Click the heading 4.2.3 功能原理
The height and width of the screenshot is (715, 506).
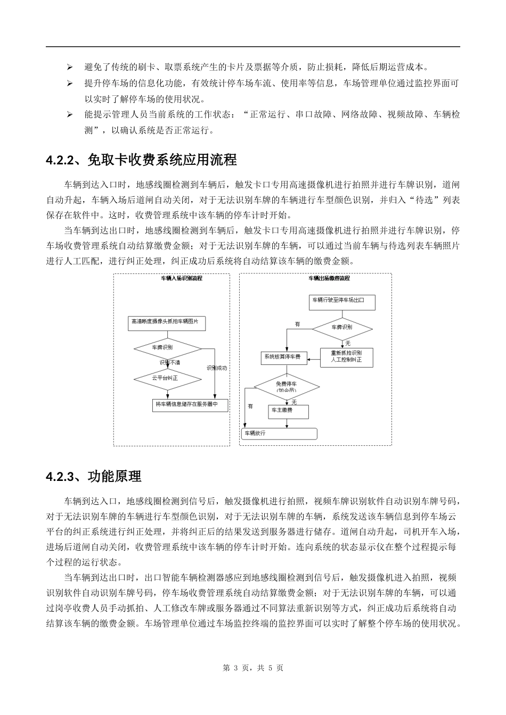94,476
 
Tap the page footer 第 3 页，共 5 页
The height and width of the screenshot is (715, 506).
252,668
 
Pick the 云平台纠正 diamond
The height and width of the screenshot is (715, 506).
167,378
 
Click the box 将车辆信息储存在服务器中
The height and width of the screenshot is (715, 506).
190,405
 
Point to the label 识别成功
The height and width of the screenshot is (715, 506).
217,368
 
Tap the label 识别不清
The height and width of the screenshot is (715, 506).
170,362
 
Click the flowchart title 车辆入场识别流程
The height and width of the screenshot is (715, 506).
182,278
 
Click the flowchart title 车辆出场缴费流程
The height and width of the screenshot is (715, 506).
329,278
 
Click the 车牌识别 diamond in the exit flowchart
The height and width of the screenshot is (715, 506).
342,328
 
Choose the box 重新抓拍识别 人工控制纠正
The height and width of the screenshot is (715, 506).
346,357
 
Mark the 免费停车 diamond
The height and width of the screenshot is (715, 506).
287,386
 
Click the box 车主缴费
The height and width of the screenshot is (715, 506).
288,411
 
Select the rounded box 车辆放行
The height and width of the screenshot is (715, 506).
280,434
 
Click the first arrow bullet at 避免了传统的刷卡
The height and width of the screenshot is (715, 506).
69,67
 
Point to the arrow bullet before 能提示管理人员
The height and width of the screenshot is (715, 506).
69,114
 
